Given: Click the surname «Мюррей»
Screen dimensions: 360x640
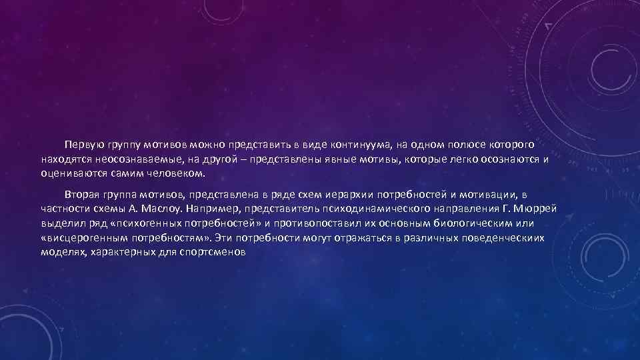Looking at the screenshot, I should [x=537, y=209].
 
